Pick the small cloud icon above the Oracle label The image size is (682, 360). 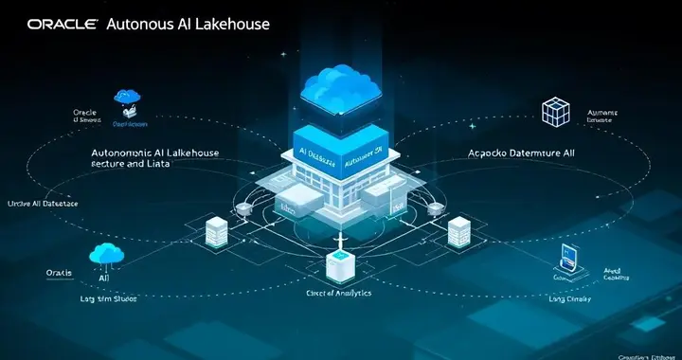coord(126,97)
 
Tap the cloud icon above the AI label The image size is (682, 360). coord(105,253)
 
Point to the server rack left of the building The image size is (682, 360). coord(216,229)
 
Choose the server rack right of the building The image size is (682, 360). coord(459,229)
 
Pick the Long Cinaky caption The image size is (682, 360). coord(569,299)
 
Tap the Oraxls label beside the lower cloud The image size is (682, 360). coord(59,273)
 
